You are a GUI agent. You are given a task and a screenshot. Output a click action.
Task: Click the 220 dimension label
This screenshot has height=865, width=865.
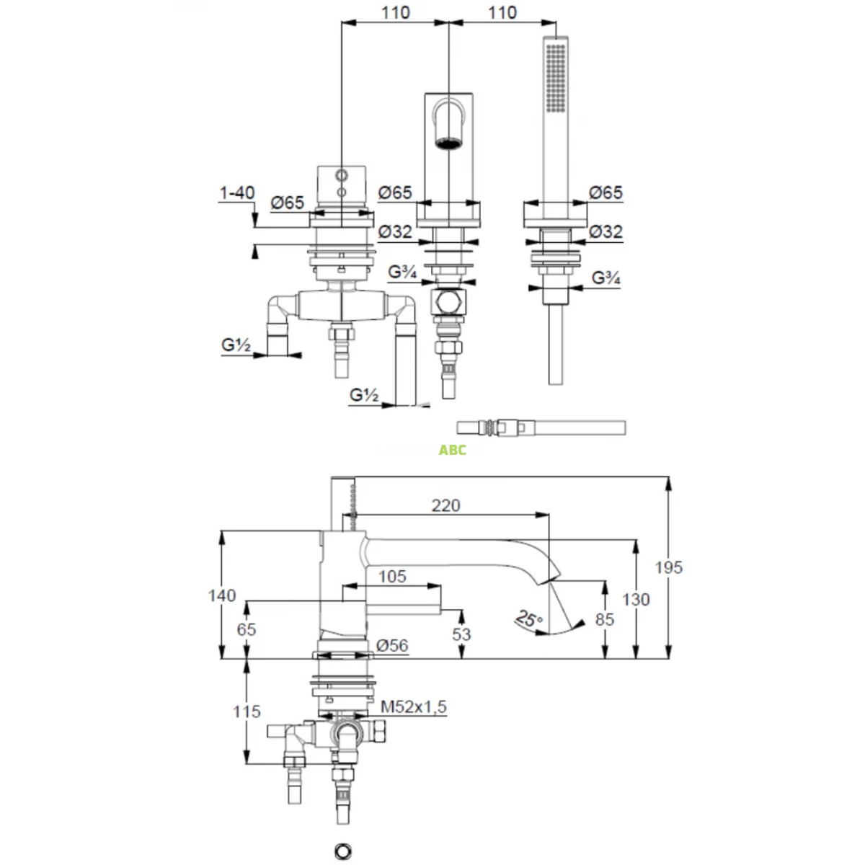[445, 505]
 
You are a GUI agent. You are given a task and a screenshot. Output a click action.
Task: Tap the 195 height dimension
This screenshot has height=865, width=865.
[668, 567]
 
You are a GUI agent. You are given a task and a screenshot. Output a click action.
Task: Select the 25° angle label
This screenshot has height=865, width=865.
[529, 618]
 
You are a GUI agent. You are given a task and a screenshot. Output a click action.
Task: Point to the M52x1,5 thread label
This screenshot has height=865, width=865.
[413, 707]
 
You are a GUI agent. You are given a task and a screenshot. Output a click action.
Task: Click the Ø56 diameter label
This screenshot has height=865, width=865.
[392, 646]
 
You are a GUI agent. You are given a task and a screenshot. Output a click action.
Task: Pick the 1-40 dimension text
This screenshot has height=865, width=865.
[237, 192]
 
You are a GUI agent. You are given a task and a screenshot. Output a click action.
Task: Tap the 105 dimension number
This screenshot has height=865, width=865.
[391, 576]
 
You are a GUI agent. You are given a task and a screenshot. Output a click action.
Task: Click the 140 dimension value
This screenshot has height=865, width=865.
[221, 595]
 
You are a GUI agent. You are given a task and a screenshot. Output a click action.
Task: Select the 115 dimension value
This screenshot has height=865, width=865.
[247, 711]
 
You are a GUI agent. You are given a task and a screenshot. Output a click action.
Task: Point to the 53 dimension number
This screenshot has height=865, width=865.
[461, 634]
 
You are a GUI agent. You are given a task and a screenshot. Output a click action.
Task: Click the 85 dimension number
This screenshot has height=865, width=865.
[605, 619]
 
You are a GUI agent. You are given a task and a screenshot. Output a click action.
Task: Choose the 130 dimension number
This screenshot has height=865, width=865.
[636, 599]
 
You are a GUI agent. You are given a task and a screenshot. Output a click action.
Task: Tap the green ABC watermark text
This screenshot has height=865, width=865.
[453, 450]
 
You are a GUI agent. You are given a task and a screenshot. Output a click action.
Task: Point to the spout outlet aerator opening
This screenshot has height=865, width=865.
[448, 143]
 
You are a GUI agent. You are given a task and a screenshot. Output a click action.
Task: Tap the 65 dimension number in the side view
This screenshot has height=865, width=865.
[247, 629]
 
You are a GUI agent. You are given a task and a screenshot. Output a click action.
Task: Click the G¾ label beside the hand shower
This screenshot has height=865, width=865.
[606, 278]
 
